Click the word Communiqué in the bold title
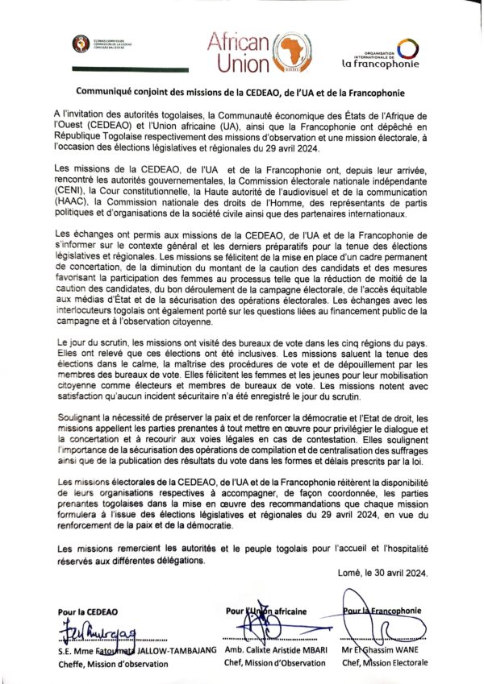click(x=109, y=93)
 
